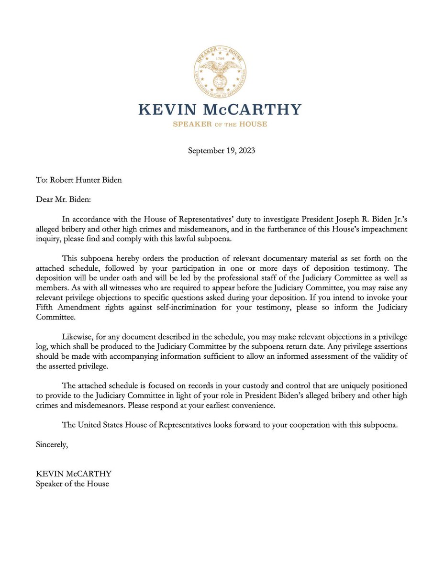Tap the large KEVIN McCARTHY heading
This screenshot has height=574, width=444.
[220, 110]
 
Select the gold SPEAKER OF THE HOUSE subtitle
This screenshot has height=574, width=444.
[220, 124]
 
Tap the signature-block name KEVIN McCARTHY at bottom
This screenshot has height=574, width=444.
[74, 474]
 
